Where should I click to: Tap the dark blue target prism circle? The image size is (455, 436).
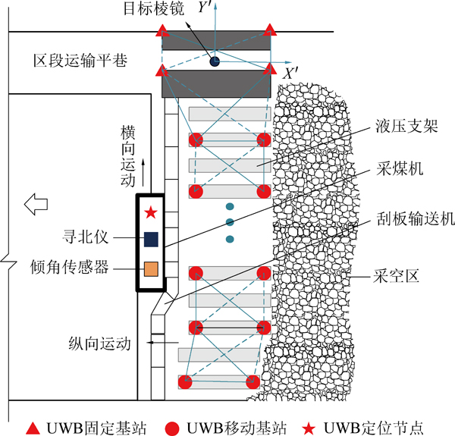[215, 60]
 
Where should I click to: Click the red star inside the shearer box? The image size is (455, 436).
[151, 213]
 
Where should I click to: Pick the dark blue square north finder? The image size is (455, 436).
[151, 240]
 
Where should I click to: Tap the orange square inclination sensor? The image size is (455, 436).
[151, 268]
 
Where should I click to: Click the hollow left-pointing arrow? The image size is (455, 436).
[35, 203]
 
